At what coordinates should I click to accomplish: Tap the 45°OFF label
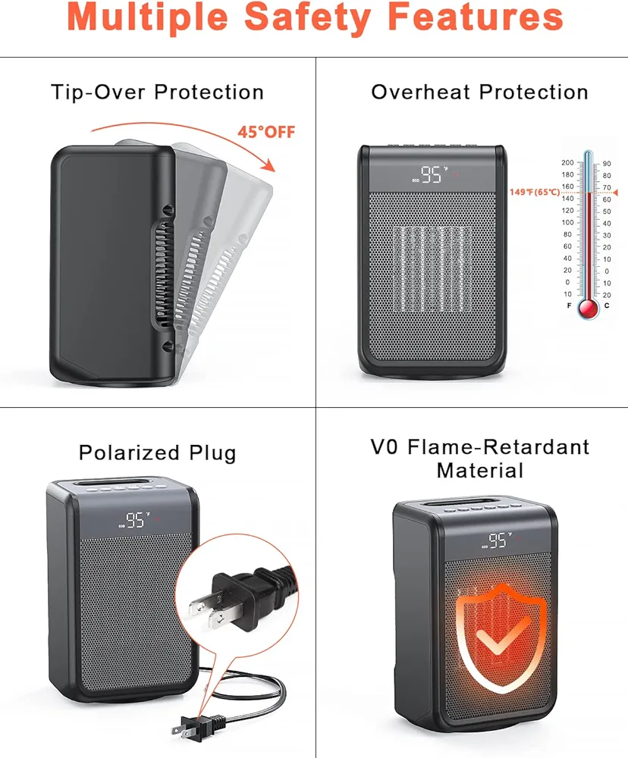pyautogui.click(x=266, y=132)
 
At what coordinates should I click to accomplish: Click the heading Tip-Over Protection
pyautogui.click(x=157, y=92)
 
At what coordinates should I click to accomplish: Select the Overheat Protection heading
pyautogui.click(x=479, y=92)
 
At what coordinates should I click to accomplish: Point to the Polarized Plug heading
pyautogui.click(x=157, y=453)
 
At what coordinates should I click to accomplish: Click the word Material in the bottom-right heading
pyautogui.click(x=480, y=471)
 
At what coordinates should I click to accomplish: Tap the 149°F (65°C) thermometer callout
pyautogui.click(x=535, y=192)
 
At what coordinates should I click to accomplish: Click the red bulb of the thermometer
pyautogui.click(x=588, y=309)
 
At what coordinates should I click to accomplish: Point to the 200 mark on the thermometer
pyautogui.click(x=567, y=162)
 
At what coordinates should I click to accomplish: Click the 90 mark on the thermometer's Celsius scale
pyautogui.click(x=607, y=164)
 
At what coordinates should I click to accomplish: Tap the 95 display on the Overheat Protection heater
pyautogui.click(x=431, y=174)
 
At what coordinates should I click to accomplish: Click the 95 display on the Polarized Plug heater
pyautogui.click(x=135, y=520)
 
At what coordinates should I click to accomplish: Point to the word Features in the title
pyautogui.click(x=476, y=17)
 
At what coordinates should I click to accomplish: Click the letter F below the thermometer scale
pyautogui.click(x=569, y=305)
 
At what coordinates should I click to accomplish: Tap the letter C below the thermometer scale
pyautogui.click(x=607, y=305)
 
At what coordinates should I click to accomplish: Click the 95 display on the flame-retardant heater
pyautogui.click(x=497, y=541)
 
